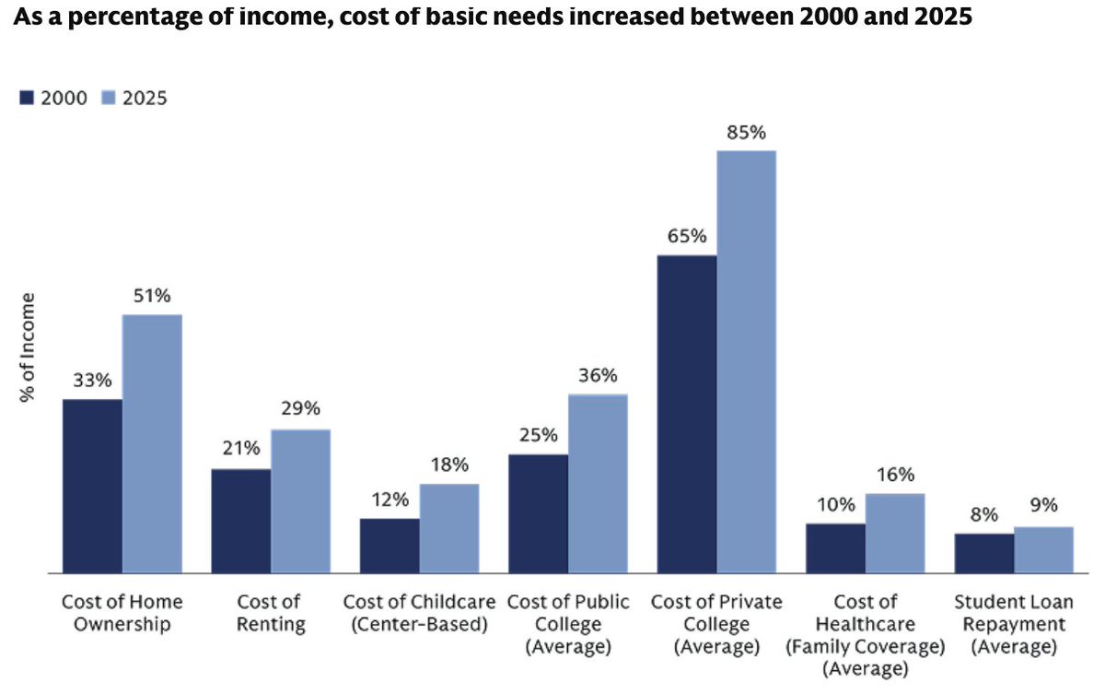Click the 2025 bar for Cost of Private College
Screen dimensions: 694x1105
tap(746, 361)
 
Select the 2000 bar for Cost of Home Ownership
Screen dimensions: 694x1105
tap(92, 486)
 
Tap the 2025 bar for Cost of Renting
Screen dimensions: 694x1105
tap(300, 500)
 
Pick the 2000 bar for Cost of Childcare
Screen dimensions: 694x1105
tap(390, 546)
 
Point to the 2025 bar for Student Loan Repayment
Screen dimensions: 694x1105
tap(1043, 549)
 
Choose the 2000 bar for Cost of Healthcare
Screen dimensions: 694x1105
tap(835, 548)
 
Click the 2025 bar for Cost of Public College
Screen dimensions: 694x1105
tap(598, 483)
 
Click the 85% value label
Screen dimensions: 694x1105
tap(746, 132)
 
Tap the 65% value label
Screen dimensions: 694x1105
tap(687, 236)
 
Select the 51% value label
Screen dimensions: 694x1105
tap(152, 296)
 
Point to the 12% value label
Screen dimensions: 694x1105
tap(390, 500)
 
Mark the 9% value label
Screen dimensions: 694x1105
tap(1043, 505)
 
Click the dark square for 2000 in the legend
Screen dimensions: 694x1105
tap(27, 98)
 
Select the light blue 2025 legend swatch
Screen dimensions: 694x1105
tap(106, 98)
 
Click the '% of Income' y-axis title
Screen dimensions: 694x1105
tap(29, 348)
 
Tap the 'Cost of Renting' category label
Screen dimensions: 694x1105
tap(268, 613)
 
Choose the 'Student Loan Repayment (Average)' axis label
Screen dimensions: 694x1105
tap(1014, 624)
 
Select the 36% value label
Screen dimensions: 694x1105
tap(598, 376)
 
